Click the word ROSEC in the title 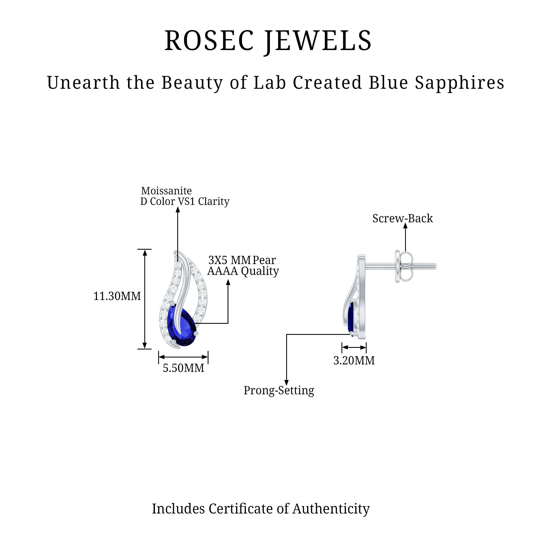(x=209, y=41)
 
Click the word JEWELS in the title (x=318, y=41)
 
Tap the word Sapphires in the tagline (x=459, y=83)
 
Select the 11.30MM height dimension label (x=117, y=296)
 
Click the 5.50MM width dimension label (x=184, y=368)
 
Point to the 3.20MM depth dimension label (x=354, y=360)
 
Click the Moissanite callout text (x=166, y=191)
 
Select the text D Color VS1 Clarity (x=185, y=202)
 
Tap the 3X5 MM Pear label (x=242, y=260)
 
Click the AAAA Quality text (x=243, y=271)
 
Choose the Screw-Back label (x=402, y=218)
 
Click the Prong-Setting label (x=278, y=390)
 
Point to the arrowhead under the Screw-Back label (x=405, y=226)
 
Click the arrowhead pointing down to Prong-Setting (x=286, y=383)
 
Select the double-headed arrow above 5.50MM (x=183, y=357)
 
